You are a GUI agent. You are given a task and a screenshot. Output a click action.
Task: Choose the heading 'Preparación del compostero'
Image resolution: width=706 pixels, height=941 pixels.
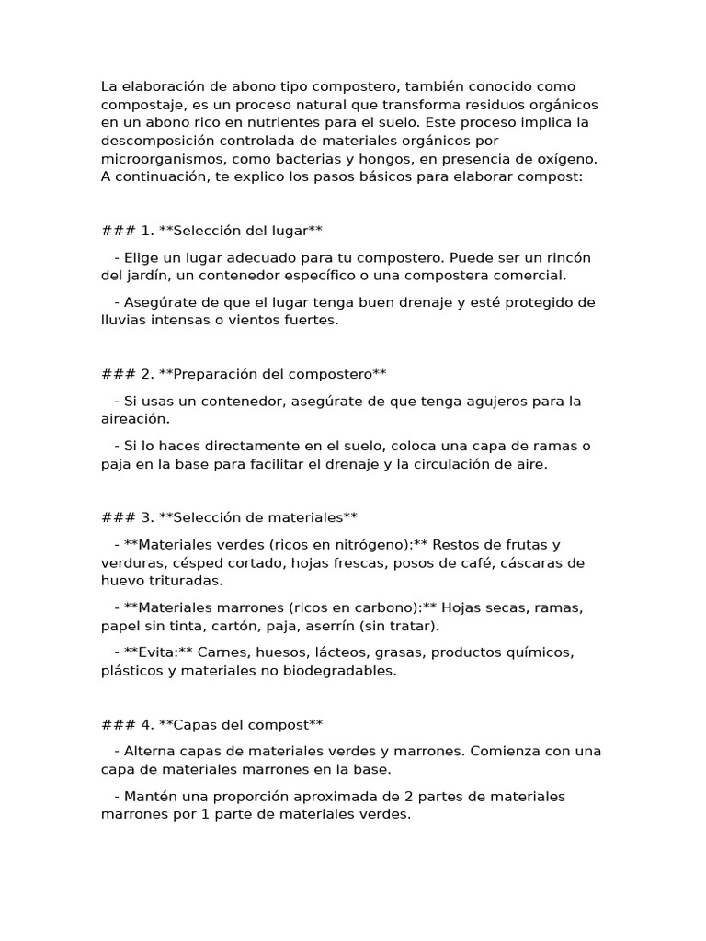(272, 373)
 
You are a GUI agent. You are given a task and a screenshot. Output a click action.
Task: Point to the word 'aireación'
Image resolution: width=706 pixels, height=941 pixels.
(134, 418)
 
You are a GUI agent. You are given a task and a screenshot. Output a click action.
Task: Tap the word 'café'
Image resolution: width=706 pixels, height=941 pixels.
(480, 562)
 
